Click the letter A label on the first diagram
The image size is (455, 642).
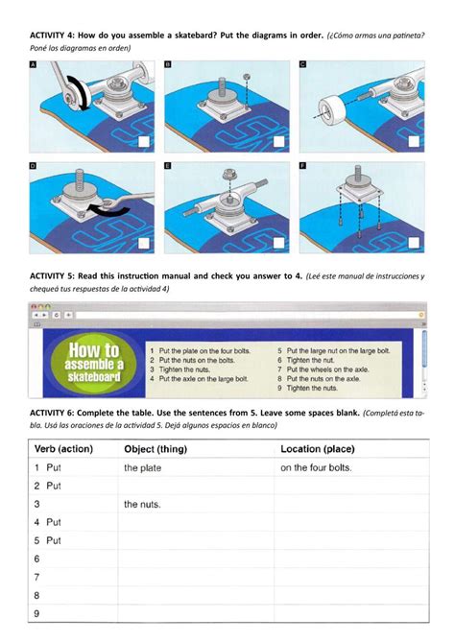coord(34,65)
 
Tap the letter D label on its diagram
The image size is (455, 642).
coord(34,166)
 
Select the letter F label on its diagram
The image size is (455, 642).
coord(303,166)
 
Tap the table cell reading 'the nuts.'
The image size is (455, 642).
coord(142,504)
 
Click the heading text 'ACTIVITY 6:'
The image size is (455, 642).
coord(57,412)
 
